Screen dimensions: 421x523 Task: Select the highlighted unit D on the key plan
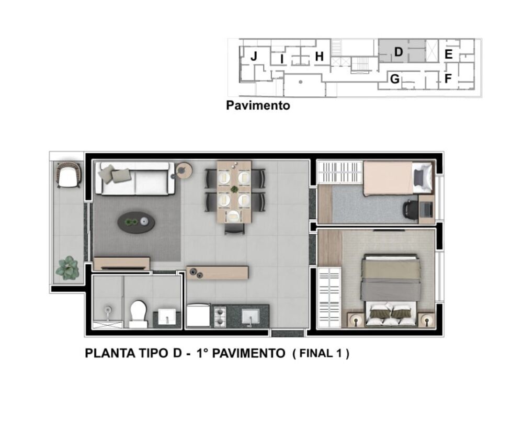point(399,52)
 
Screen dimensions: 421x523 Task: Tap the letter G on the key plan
point(395,79)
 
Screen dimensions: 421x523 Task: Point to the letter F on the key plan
point(448,79)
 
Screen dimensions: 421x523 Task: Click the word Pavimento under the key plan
point(258,106)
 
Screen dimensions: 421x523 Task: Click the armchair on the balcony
point(69,175)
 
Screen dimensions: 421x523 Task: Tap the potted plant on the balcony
point(67,268)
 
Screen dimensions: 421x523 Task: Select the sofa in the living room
point(135,178)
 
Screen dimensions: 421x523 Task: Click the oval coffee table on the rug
point(136,222)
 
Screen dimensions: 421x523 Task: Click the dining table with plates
point(234,192)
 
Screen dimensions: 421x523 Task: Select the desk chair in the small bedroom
point(411,210)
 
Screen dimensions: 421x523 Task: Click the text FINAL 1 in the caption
point(321,354)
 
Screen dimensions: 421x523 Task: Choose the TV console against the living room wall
point(121,264)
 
